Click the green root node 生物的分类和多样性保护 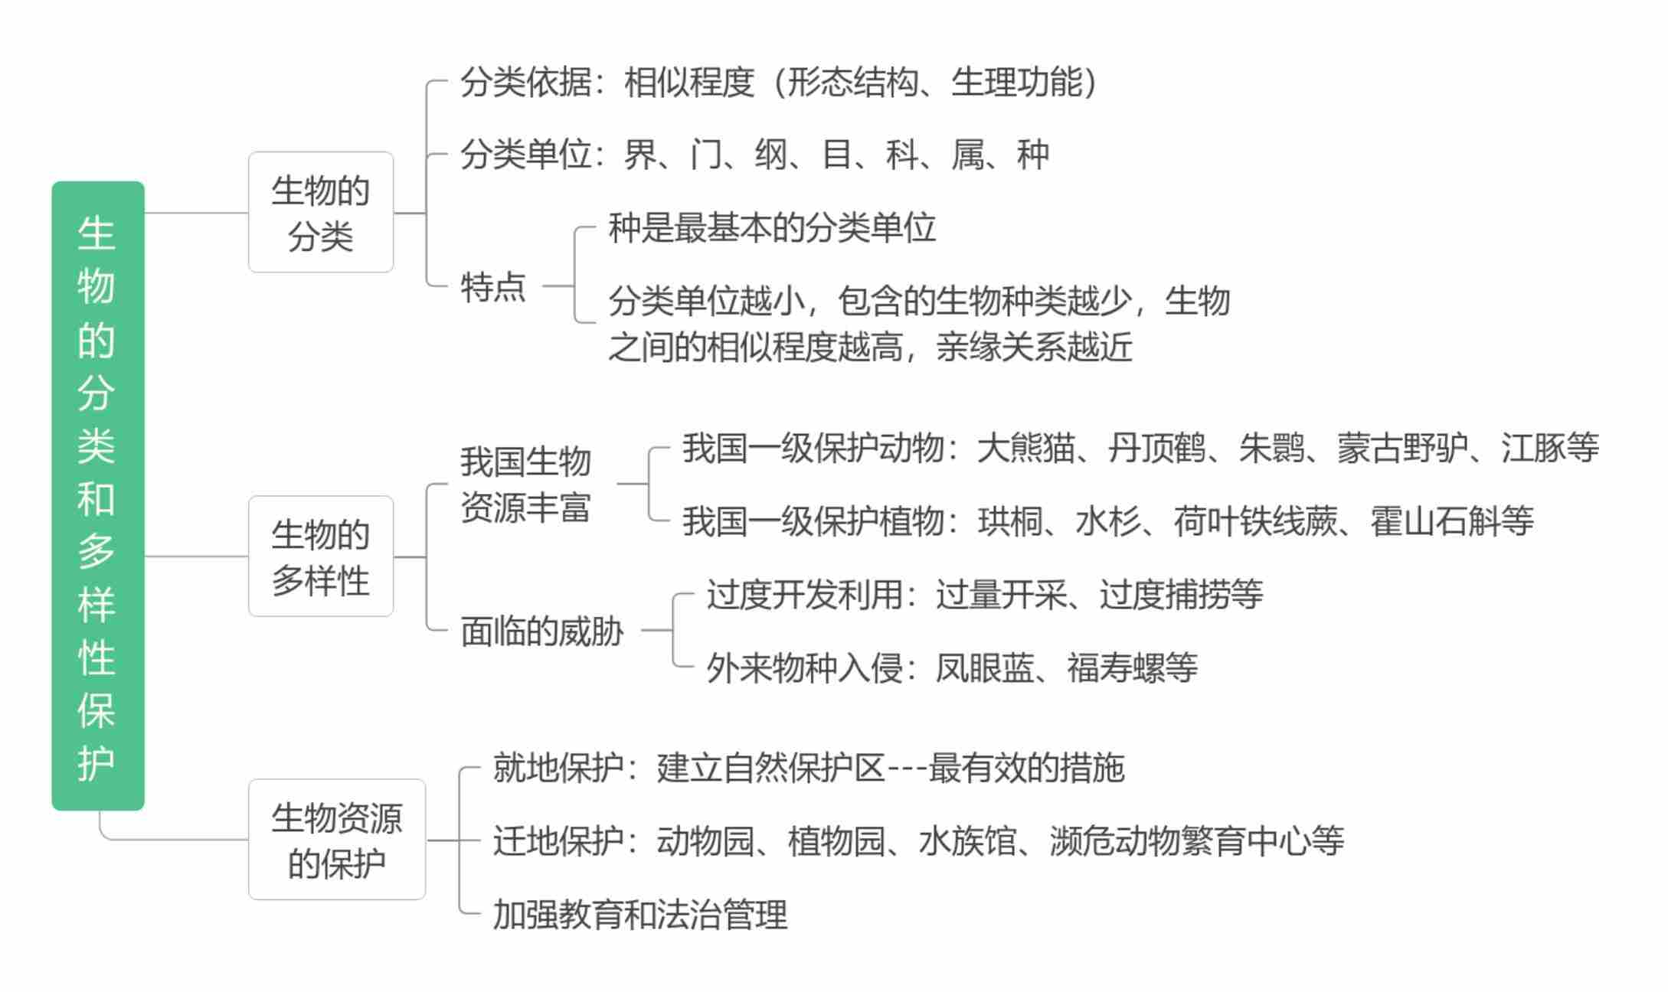pyautogui.click(x=97, y=495)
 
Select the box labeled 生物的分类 pyautogui.click(x=320, y=212)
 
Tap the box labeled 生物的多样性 pyautogui.click(x=320, y=556)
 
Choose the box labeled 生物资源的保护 pyautogui.click(x=336, y=839)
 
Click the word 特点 pyautogui.click(x=492, y=287)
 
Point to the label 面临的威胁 pyautogui.click(x=541, y=631)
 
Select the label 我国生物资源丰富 pyautogui.click(x=525, y=484)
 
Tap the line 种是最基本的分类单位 pyautogui.click(x=772, y=228)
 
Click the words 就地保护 pyautogui.click(x=558, y=768)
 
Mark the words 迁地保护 pyautogui.click(x=558, y=841)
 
